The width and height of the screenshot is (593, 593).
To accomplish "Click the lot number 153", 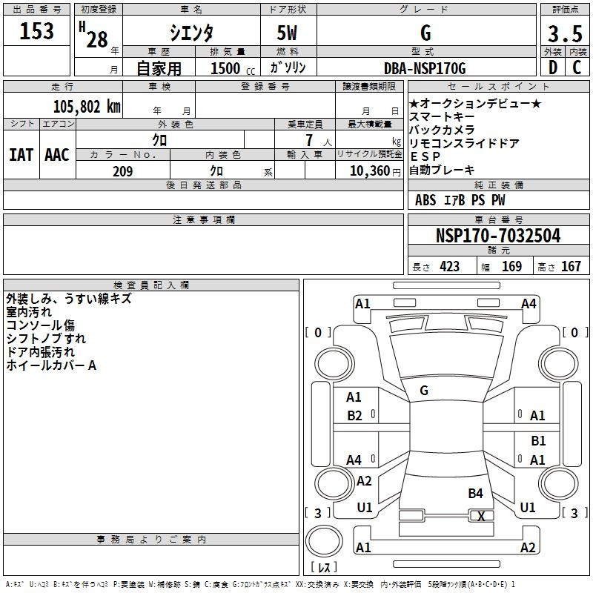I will (x=37, y=31).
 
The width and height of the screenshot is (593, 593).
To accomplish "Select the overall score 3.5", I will (x=563, y=34).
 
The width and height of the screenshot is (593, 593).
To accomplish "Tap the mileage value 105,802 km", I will (x=87, y=106).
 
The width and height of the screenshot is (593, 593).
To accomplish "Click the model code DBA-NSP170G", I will (x=425, y=68).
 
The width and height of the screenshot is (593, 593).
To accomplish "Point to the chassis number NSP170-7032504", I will (x=498, y=236).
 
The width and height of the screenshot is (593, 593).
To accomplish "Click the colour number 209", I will (x=122, y=171).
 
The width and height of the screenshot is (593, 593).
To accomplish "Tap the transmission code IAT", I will (x=21, y=155).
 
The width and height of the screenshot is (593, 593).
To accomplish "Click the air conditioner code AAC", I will (x=57, y=155).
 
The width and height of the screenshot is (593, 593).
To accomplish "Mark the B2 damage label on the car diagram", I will (x=354, y=415).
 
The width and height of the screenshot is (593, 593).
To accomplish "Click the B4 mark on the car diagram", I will (x=475, y=493).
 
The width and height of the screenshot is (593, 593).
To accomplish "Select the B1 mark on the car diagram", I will (x=538, y=441).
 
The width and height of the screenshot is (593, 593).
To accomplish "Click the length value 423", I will (x=449, y=267).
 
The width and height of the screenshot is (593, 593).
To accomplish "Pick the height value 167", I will (x=571, y=267).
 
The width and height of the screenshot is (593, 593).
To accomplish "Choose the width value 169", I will (x=512, y=267).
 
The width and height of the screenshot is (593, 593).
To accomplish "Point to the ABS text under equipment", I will (x=425, y=200).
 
